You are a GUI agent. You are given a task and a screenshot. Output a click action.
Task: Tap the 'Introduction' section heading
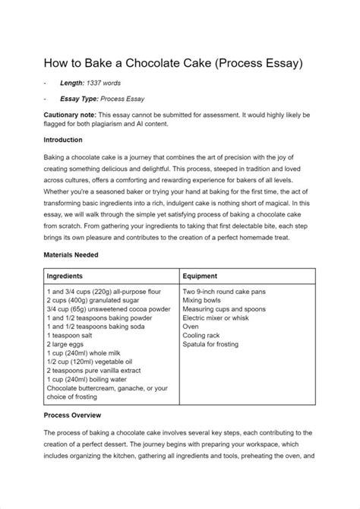[x=68, y=141]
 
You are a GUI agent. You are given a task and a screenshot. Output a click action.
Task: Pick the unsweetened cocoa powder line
[x=106, y=310]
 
